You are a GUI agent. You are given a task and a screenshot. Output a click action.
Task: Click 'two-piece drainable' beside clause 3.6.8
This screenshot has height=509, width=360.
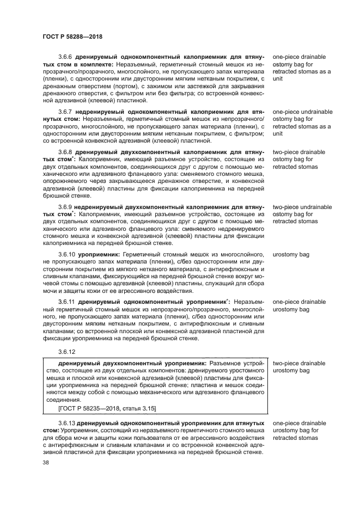coord(299,152)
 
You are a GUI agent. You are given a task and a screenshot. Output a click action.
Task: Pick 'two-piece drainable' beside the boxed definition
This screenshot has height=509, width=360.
coord(299,363)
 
